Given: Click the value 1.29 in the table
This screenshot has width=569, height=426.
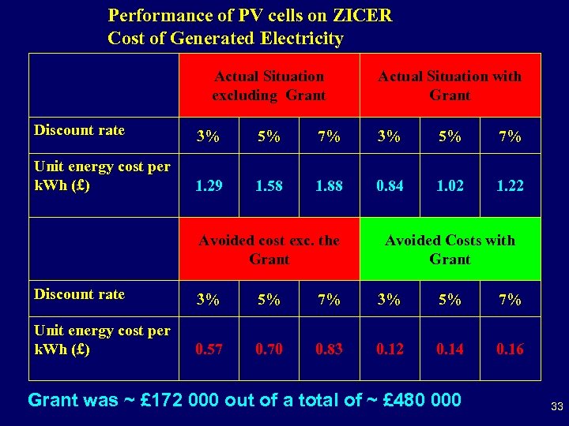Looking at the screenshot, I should coord(209,185).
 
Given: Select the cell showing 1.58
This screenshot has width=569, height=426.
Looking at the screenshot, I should coord(269,185).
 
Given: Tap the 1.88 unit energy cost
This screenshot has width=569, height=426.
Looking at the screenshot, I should coord(329,185).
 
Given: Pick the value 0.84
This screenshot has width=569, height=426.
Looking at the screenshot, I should coord(389,185).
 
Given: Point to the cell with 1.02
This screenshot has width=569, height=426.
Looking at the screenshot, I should coord(450,185).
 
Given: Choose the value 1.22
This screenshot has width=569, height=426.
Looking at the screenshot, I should coord(510,185).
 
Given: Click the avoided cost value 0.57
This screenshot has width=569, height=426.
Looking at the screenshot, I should coord(209,349).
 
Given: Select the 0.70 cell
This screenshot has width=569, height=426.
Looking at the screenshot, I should coord(269,349).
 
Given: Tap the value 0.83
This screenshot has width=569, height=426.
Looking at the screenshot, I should coord(329,349).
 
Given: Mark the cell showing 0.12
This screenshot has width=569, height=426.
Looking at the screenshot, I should coord(389,349).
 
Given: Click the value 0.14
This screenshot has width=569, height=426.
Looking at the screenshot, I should coord(450,349).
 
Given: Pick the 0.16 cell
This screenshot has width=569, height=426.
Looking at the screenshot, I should coord(510,349).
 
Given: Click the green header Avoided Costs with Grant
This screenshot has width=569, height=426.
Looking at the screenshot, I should coord(450,249).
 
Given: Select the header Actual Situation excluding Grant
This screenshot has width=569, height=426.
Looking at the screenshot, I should coord(269,85).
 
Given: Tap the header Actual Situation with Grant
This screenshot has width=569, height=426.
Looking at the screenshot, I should coord(450,85).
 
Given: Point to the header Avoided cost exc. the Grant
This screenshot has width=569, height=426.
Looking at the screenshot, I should coord(269,249).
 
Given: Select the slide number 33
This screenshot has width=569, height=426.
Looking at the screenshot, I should coord(556,407).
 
